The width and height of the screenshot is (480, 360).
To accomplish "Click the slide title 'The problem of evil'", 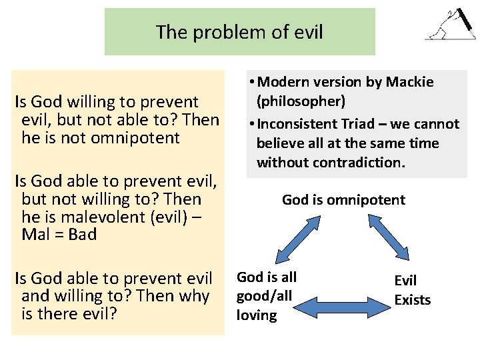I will pos(239,31).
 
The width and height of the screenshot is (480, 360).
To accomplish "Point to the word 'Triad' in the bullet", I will pos(362,124).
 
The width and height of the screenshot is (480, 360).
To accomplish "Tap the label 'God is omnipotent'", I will pos(343,199).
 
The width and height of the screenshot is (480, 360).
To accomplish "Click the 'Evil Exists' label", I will pos(412,291).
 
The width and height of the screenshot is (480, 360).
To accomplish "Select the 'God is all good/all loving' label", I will pos(267,296).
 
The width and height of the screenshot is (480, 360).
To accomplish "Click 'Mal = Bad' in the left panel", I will pos(59,234).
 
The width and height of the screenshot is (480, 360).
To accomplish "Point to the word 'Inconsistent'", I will pos(298,124).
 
